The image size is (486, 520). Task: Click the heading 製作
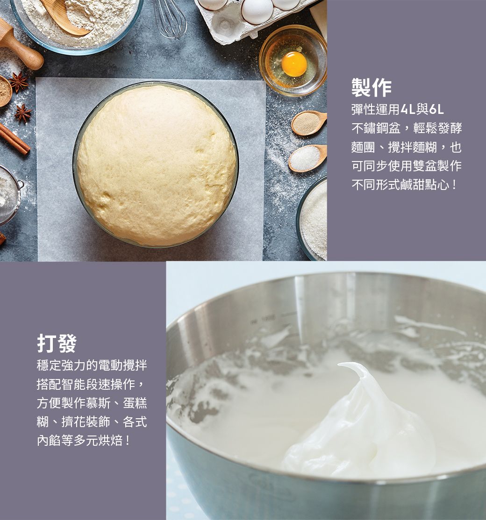point(372,88)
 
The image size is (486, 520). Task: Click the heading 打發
point(57,343)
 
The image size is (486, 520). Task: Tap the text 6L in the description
point(436,109)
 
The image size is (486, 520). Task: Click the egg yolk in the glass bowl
point(294,63)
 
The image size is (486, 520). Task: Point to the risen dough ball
point(157,164)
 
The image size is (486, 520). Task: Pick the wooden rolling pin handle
point(20,46)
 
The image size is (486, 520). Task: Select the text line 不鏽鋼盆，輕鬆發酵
point(407,128)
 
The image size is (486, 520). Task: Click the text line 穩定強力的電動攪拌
point(92,365)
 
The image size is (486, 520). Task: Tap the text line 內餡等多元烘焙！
point(84,441)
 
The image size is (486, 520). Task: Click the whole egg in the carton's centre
point(257,11)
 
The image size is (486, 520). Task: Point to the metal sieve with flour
point(10,194)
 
